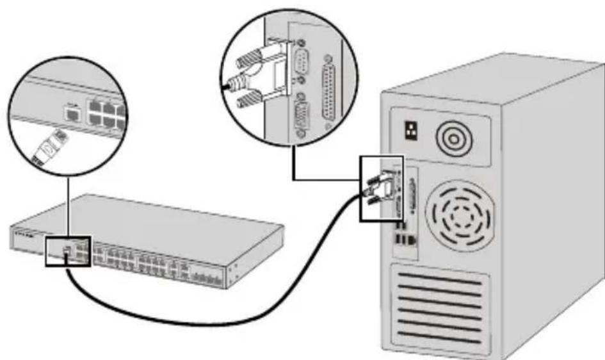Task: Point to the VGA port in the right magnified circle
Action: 299,119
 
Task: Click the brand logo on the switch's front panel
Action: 23,234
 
